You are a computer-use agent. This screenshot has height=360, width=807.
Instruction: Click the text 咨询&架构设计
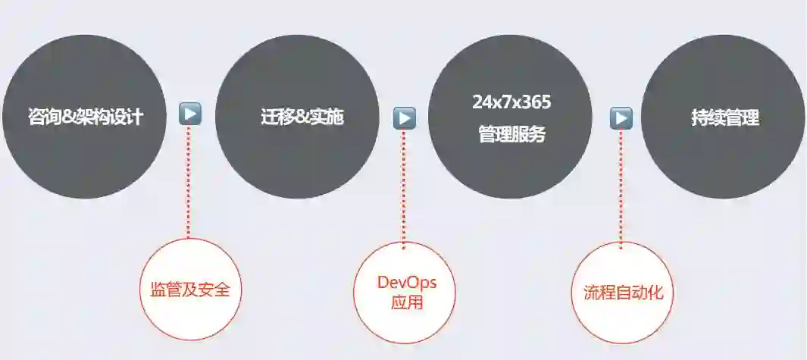click(85, 117)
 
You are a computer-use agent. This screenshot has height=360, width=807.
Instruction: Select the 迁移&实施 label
click(297, 117)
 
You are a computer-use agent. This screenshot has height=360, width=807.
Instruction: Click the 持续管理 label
click(724, 118)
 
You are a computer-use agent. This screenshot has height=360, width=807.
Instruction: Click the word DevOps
click(406, 283)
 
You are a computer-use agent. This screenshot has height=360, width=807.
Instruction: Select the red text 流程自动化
click(623, 293)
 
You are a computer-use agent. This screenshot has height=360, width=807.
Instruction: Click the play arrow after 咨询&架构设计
click(190, 114)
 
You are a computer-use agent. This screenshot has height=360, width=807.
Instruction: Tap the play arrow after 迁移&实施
click(404, 117)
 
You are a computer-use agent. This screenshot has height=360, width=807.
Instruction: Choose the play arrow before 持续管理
click(621, 117)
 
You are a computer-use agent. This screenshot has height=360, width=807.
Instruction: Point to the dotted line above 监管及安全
click(189, 182)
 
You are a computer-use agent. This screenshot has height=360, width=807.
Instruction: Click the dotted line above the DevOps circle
click(404, 186)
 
